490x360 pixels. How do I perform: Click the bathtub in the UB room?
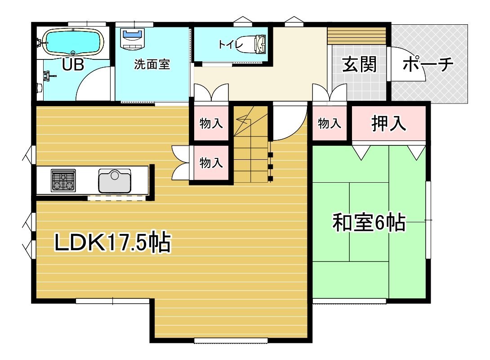tap(73, 43)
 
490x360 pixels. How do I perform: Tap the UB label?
tap(73, 65)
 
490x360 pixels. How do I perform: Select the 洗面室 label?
tap(152, 64)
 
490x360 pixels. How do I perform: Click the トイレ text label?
tap(231, 45)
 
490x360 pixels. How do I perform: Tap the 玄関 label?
tap(359, 64)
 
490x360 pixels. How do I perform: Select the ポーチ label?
tap(428, 64)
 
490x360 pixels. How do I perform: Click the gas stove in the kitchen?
tap(63, 180)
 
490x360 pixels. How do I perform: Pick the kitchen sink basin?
tap(115, 181)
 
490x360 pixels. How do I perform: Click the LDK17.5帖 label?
tap(113, 242)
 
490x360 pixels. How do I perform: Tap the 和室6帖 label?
tap(369, 223)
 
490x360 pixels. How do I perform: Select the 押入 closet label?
tap(389, 123)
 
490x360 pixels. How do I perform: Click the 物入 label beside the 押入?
tap(330, 123)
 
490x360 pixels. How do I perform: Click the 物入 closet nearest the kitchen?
tap(211, 162)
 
